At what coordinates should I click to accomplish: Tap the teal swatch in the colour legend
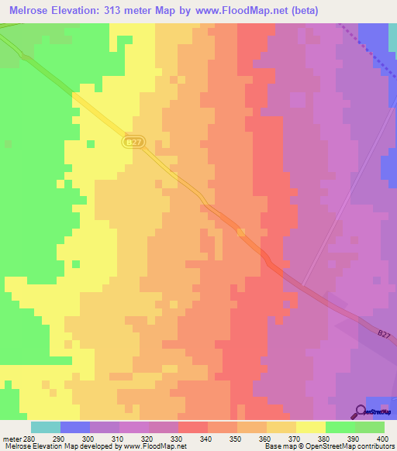pos(45,428)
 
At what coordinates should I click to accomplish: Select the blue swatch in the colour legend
pos(74,428)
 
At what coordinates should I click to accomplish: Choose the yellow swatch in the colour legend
pos(310,428)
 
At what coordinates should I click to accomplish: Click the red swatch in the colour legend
pos(192,428)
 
